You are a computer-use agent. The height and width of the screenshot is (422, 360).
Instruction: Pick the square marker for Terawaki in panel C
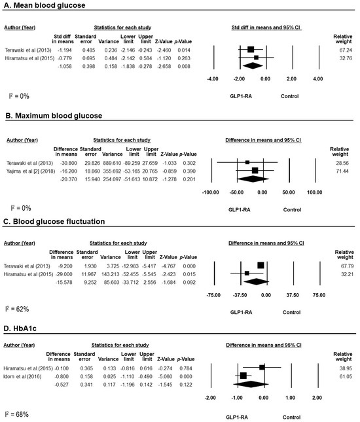261,265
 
